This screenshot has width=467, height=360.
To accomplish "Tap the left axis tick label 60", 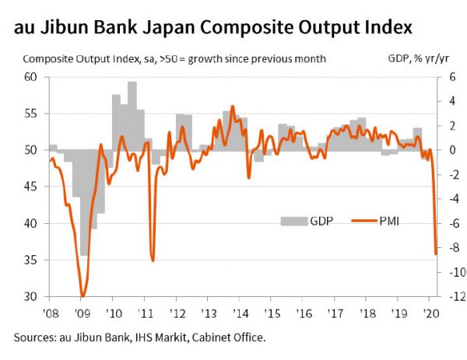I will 31,77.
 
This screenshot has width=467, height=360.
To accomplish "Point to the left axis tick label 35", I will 31,260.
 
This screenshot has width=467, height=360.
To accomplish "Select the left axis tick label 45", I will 31,187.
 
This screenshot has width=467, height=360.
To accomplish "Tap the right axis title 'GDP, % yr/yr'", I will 422,59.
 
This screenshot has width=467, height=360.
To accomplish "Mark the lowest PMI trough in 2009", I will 83,295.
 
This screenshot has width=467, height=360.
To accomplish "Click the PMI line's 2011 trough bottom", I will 153,260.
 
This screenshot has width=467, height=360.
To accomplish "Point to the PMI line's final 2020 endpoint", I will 436,253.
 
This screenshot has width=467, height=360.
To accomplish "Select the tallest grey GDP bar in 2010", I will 132,83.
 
